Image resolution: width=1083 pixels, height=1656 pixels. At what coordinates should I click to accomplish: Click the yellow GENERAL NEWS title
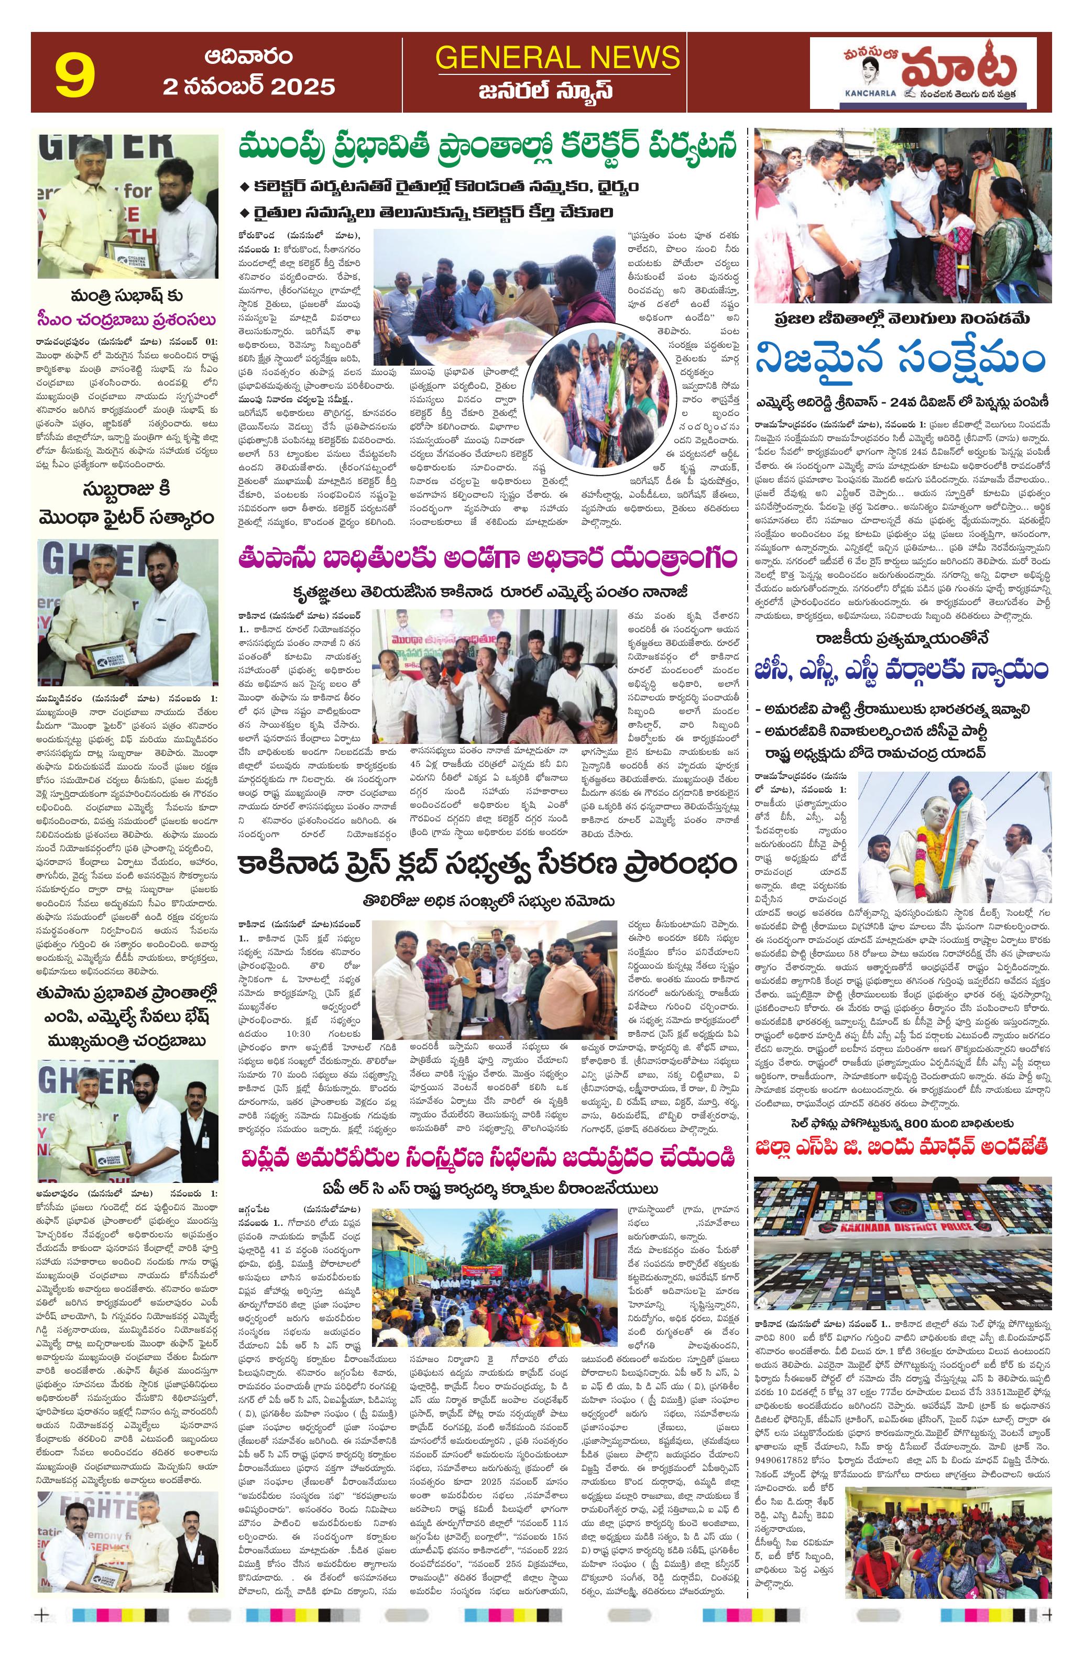pyautogui.click(x=557, y=56)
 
